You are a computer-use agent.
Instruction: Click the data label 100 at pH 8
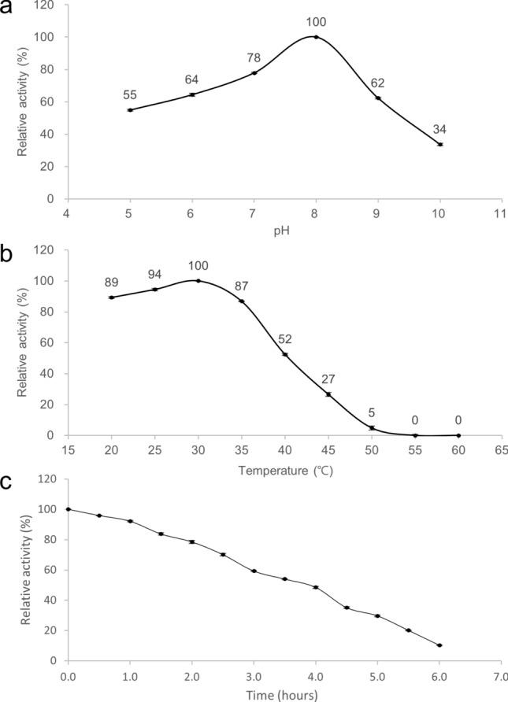[316, 23]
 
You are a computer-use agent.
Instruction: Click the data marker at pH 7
[254, 73]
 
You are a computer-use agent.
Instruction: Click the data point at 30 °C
[198, 280]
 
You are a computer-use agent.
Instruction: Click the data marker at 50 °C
[372, 428]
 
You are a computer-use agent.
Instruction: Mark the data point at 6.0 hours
[439, 645]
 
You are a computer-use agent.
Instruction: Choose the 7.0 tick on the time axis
[499, 676]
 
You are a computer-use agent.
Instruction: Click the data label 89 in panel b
[111, 283]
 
